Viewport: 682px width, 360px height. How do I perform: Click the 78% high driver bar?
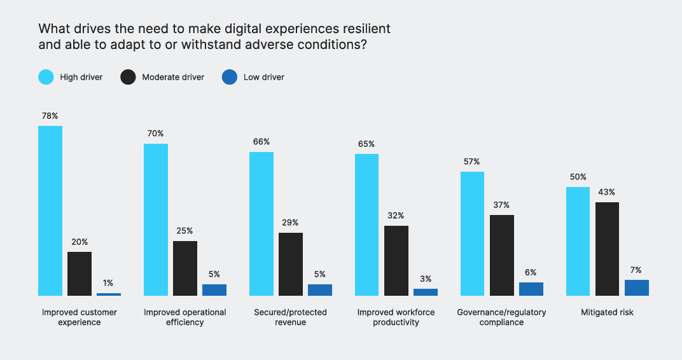pyautogui.click(x=50, y=211)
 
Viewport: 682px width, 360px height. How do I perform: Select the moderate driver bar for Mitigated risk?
pyautogui.click(x=607, y=249)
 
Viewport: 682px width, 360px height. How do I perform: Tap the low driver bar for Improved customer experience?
pyautogui.click(x=109, y=294)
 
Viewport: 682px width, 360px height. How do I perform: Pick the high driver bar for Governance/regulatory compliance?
pyautogui.click(x=472, y=233)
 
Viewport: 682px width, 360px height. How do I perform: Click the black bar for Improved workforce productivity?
pyautogui.click(x=396, y=260)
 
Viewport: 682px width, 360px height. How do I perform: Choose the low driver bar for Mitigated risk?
pyautogui.click(x=636, y=287)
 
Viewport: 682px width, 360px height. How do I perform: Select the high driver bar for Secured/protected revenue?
pyautogui.click(x=261, y=224)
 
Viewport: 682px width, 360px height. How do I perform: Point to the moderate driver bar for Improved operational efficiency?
pyautogui.click(x=185, y=268)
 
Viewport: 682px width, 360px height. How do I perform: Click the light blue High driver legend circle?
pyautogui.click(x=46, y=78)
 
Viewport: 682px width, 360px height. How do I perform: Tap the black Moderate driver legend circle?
pyautogui.click(x=128, y=78)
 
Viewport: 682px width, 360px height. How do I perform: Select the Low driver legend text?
pyautogui.click(x=263, y=78)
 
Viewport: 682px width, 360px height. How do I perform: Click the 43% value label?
pyautogui.click(x=607, y=192)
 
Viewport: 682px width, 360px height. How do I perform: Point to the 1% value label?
pyautogui.click(x=109, y=283)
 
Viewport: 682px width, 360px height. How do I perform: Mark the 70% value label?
pyautogui.click(x=156, y=134)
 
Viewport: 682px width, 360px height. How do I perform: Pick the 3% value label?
pyautogui.click(x=425, y=279)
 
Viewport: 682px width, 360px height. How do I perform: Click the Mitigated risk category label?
pyautogui.click(x=607, y=312)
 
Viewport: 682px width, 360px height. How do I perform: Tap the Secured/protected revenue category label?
pyautogui.click(x=290, y=317)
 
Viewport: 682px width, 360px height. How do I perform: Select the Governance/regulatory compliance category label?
pyautogui.click(x=501, y=317)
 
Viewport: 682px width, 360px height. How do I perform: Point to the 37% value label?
pyautogui.click(x=501, y=205)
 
